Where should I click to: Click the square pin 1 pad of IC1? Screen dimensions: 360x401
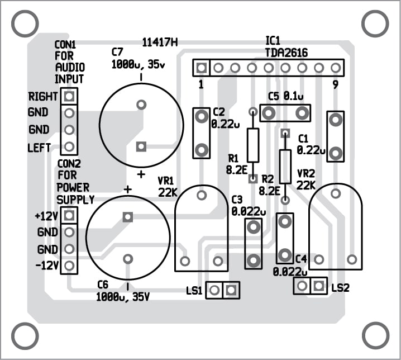201,68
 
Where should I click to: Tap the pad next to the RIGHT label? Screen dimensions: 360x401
69,96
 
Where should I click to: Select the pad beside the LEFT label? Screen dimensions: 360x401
69,146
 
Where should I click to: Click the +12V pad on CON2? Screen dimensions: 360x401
69,215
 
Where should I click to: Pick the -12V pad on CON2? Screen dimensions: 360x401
69,265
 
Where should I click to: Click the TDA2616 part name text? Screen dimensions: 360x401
286,53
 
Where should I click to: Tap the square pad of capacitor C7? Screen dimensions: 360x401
141,146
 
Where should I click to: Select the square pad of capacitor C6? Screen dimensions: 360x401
128,217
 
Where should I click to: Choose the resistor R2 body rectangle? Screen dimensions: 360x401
285,166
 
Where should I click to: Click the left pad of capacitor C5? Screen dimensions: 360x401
269,113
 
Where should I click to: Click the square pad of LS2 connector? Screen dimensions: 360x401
319,286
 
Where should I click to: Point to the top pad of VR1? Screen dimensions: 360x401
201,195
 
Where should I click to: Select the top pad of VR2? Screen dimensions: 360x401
335,193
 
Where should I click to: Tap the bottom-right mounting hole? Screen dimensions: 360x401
375,335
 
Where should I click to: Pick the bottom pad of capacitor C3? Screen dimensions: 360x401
254,260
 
